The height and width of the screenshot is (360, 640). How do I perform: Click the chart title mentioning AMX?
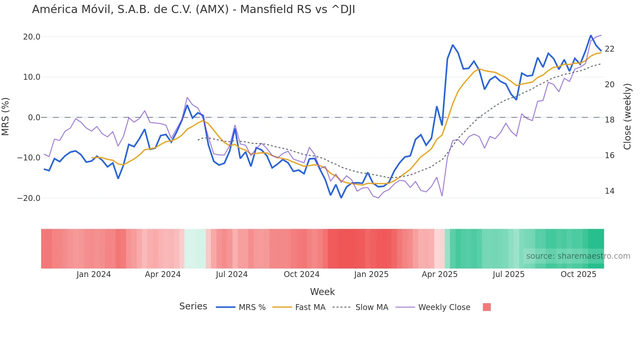pyautogui.click(x=193, y=9)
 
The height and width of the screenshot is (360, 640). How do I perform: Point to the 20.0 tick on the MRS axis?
pyautogui.click(x=32, y=37)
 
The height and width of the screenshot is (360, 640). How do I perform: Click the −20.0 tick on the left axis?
pyautogui.click(x=29, y=198)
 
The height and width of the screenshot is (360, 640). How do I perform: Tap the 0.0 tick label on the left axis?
pyautogui.click(x=34, y=118)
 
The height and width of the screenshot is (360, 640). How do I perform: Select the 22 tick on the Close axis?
pyautogui.click(x=609, y=49)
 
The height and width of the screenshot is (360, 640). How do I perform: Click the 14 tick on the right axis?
pyautogui.click(x=609, y=191)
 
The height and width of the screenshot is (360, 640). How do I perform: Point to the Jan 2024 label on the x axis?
pyautogui.click(x=94, y=274)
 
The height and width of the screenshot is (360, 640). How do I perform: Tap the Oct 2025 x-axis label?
pyautogui.click(x=578, y=274)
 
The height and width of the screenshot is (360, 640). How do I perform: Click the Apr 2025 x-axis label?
pyautogui.click(x=440, y=274)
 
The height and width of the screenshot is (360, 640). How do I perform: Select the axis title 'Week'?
pyautogui.click(x=322, y=292)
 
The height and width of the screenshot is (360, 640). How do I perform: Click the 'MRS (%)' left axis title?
pyautogui.click(x=6, y=117)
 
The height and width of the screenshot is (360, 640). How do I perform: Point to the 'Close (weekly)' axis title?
pyautogui.click(x=627, y=117)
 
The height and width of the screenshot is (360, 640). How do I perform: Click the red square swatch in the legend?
pyautogui.click(x=487, y=307)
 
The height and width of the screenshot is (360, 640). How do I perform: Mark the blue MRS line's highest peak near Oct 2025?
pyautogui.click(x=591, y=36)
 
